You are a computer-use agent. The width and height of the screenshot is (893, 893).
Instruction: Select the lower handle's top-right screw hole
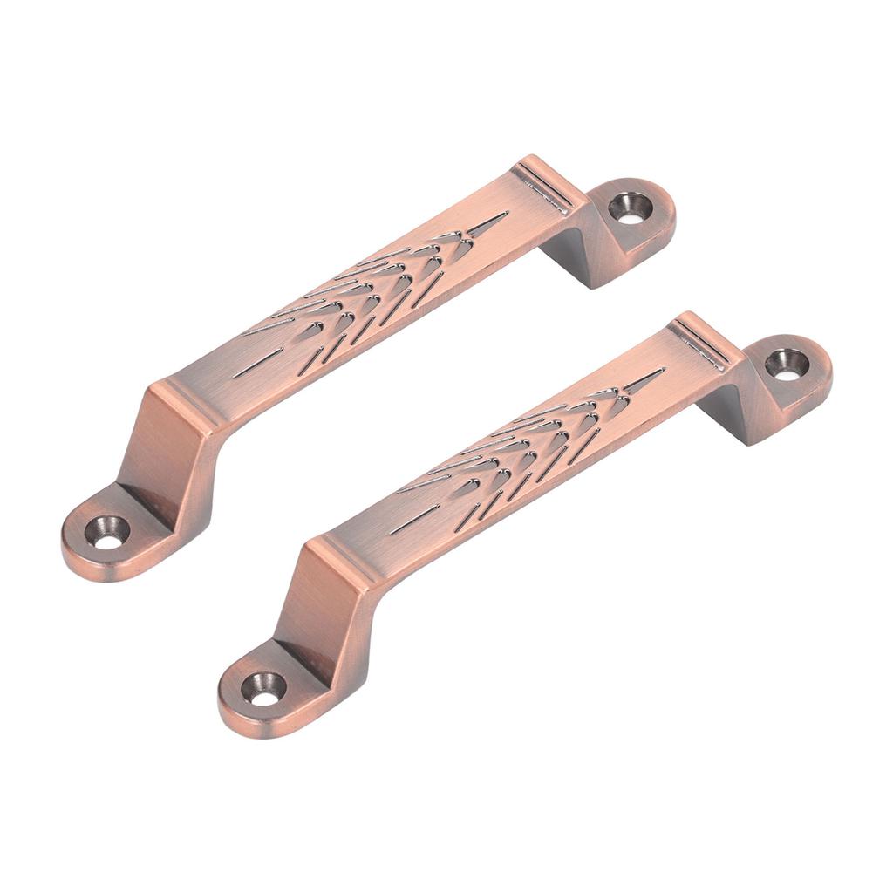(786, 365)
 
